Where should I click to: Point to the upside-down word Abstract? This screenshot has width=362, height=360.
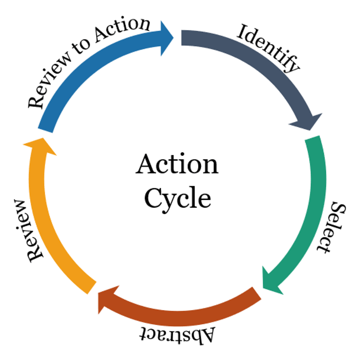pos(177,334)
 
